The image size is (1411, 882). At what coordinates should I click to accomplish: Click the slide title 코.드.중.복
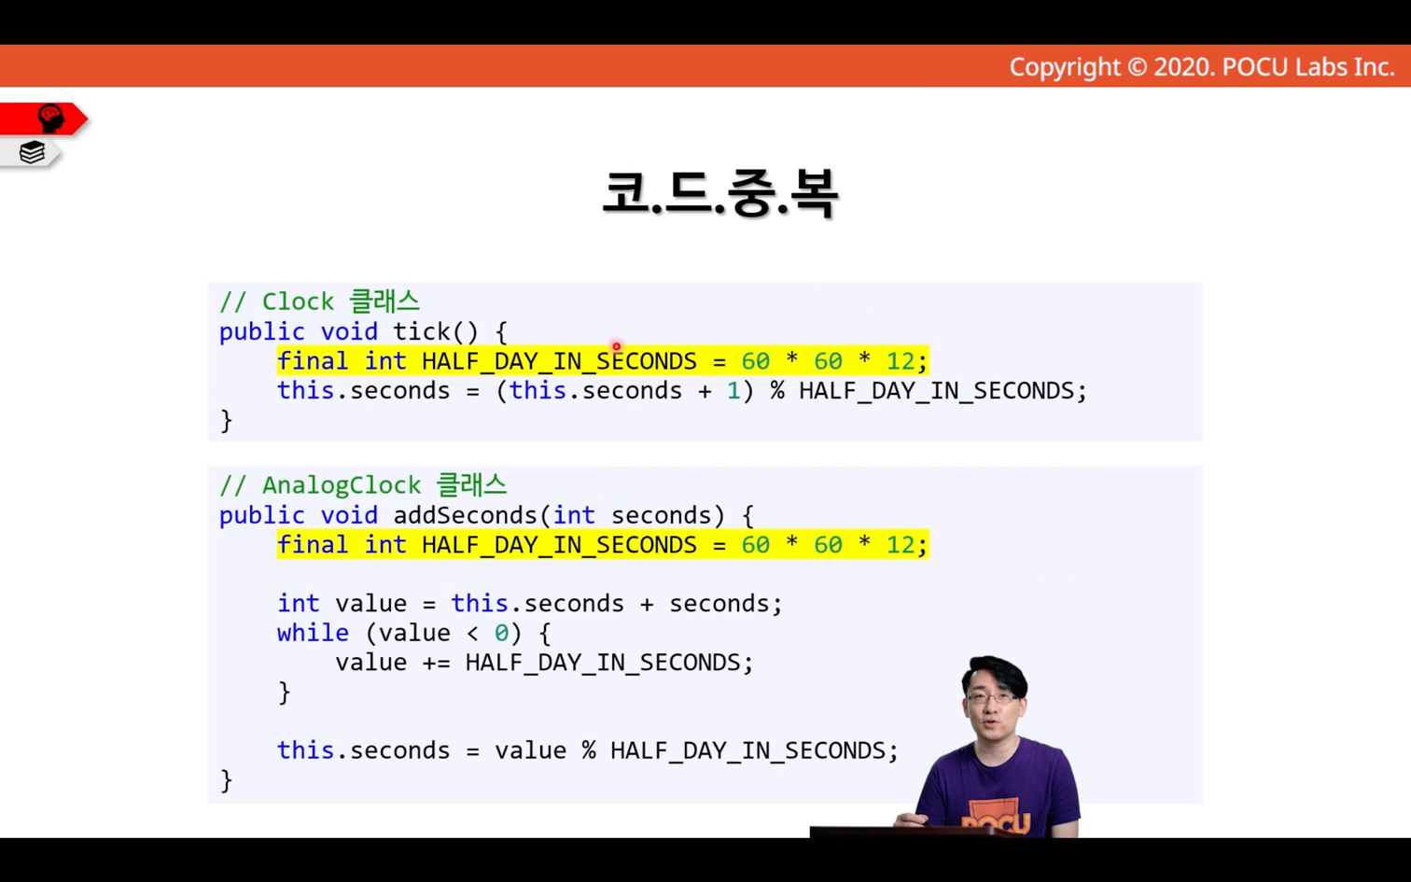tap(720, 193)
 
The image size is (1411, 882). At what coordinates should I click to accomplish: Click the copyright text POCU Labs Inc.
tap(1308, 67)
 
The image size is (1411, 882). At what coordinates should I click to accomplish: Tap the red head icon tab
tap(44, 119)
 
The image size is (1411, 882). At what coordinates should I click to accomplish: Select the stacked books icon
tap(32, 152)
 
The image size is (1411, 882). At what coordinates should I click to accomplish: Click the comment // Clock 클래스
tap(319, 301)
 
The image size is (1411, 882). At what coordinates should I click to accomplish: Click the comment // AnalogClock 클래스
tap(363, 485)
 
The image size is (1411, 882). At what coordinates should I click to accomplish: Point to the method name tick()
tap(436, 331)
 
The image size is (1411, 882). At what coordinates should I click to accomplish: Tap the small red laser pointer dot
tap(616, 346)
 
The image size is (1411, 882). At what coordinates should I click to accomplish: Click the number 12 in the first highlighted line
tap(901, 361)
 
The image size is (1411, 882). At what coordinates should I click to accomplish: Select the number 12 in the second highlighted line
tap(901, 545)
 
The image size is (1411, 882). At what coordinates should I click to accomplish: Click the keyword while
tap(313, 633)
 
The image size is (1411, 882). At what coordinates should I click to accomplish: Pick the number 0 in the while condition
tap(501, 633)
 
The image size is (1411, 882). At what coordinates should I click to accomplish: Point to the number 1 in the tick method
tap(733, 390)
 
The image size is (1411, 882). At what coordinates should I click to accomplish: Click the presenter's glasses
tap(993, 697)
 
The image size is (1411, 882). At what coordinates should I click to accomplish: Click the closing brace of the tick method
tap(226, 420)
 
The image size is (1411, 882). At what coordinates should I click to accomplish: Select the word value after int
tap(371, 604)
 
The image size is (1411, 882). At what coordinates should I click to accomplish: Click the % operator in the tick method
tap(777, 390)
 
